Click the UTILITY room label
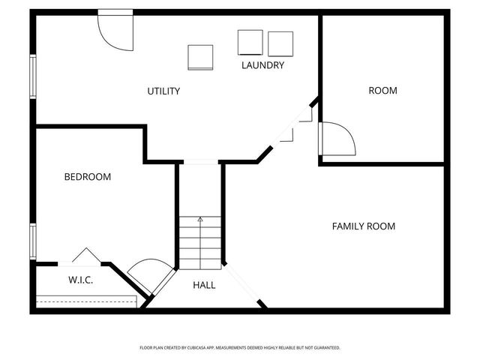coord(163,91)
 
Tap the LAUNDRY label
coord(262,65)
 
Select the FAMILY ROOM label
coord(363,226)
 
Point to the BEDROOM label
coord(87,177)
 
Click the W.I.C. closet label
coord(80,280)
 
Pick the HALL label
coord(204,285)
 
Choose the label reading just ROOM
coord(382,91)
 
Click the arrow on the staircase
coord(200,220)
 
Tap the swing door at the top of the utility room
coord(114,30)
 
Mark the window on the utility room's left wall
coord(33,75)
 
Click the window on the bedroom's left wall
coord(33,241)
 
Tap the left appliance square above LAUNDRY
coord(250,42)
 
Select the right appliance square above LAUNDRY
coord(280,43)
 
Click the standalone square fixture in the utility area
coord(200,57)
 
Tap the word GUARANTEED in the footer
coord(325,348)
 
